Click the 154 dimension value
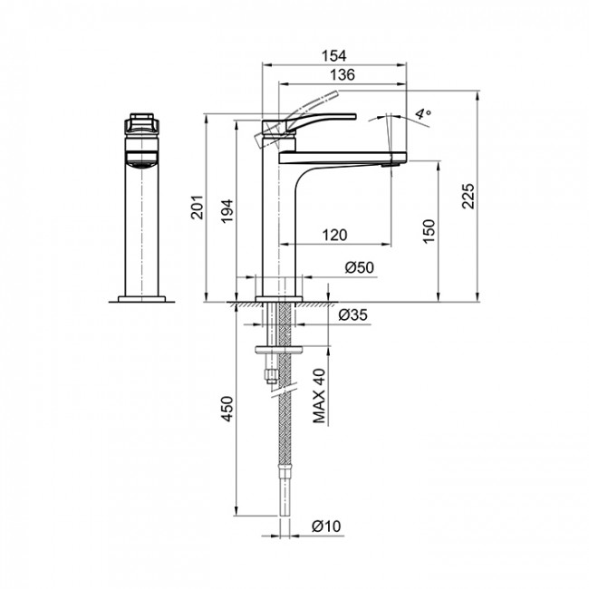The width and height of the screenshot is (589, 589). tap(334, 55)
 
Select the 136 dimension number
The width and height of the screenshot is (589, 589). tap(343, 74)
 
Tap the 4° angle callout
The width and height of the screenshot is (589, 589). tap(423, 113)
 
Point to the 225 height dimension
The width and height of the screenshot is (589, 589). tap(468, 196)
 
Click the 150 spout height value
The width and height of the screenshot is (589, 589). tap(429, 231)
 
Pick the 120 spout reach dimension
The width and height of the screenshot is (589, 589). tap(334, 236)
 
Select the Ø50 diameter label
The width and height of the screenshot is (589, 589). tap(360, 267)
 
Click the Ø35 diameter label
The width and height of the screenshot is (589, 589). tap(352, 314)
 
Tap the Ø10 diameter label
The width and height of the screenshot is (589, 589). tap(326, 526)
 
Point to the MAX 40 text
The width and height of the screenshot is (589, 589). tap(319, 396)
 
